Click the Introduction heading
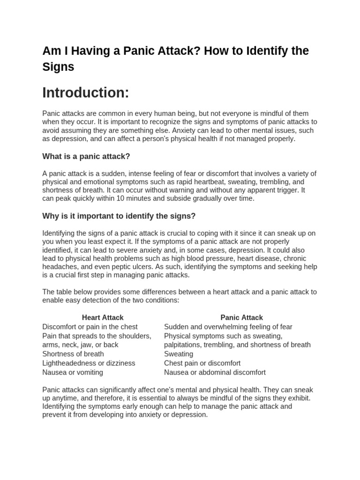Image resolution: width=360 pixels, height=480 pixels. pos(85,93)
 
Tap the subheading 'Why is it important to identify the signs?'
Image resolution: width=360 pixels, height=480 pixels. pos(119,216)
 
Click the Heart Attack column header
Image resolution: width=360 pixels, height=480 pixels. pos(103,317)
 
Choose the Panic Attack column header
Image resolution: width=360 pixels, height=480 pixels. pos(241,317)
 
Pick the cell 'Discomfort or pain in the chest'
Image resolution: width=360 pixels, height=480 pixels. pos(90,327)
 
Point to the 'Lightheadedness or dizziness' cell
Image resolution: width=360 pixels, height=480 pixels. pos(89,363)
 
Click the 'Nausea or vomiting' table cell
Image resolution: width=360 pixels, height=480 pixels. pos(73,373)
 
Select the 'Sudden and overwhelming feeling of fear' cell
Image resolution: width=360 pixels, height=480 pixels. pos(228,327)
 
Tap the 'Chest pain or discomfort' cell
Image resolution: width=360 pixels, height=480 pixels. pos(202,363)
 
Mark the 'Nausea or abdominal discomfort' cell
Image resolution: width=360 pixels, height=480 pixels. pos(215,373)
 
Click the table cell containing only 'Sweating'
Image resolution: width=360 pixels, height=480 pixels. pos(179,354)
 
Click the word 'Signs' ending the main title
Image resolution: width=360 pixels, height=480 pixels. pos(58,67)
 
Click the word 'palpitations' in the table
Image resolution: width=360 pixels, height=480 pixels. pos(183,345)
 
